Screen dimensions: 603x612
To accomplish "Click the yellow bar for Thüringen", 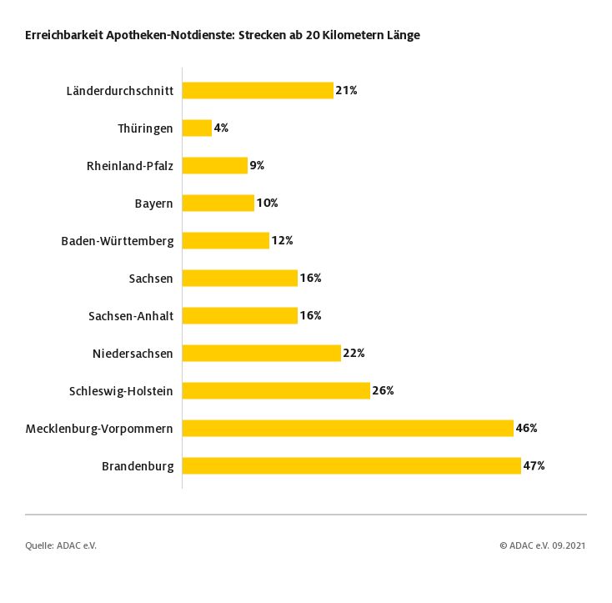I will (x=197, y=128).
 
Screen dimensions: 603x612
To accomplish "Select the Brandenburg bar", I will (x=351, y=465).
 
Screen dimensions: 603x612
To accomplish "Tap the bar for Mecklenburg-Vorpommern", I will (x=348, y=428).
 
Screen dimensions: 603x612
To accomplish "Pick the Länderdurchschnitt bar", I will (x=258, y=90).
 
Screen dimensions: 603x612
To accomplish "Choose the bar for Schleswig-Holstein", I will (x=276, y=390).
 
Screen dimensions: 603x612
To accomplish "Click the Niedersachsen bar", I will (x=262, y=353).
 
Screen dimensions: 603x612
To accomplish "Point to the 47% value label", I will (x=534, y=465).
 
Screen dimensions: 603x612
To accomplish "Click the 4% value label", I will (x=221, y=128).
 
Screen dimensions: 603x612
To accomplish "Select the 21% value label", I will (x=346, y=90).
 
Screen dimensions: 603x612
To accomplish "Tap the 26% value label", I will (x=383, y=390).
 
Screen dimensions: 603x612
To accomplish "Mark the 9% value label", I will (x=257, y=165).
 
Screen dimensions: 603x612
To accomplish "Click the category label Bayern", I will (x=153, y=203).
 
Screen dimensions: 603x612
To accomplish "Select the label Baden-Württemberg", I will (x=118, y=240).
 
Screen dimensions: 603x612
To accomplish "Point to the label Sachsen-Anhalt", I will (x=130, y=315).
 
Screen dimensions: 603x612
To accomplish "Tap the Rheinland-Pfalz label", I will (x=130, y=165).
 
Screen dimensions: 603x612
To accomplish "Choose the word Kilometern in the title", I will (x=343, y=36).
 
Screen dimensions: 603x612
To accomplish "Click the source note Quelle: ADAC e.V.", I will (x=61, y=545).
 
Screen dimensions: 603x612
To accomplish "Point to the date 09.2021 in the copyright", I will (x=569, y=545).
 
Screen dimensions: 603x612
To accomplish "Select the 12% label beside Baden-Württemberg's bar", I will (x=282, y=240).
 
